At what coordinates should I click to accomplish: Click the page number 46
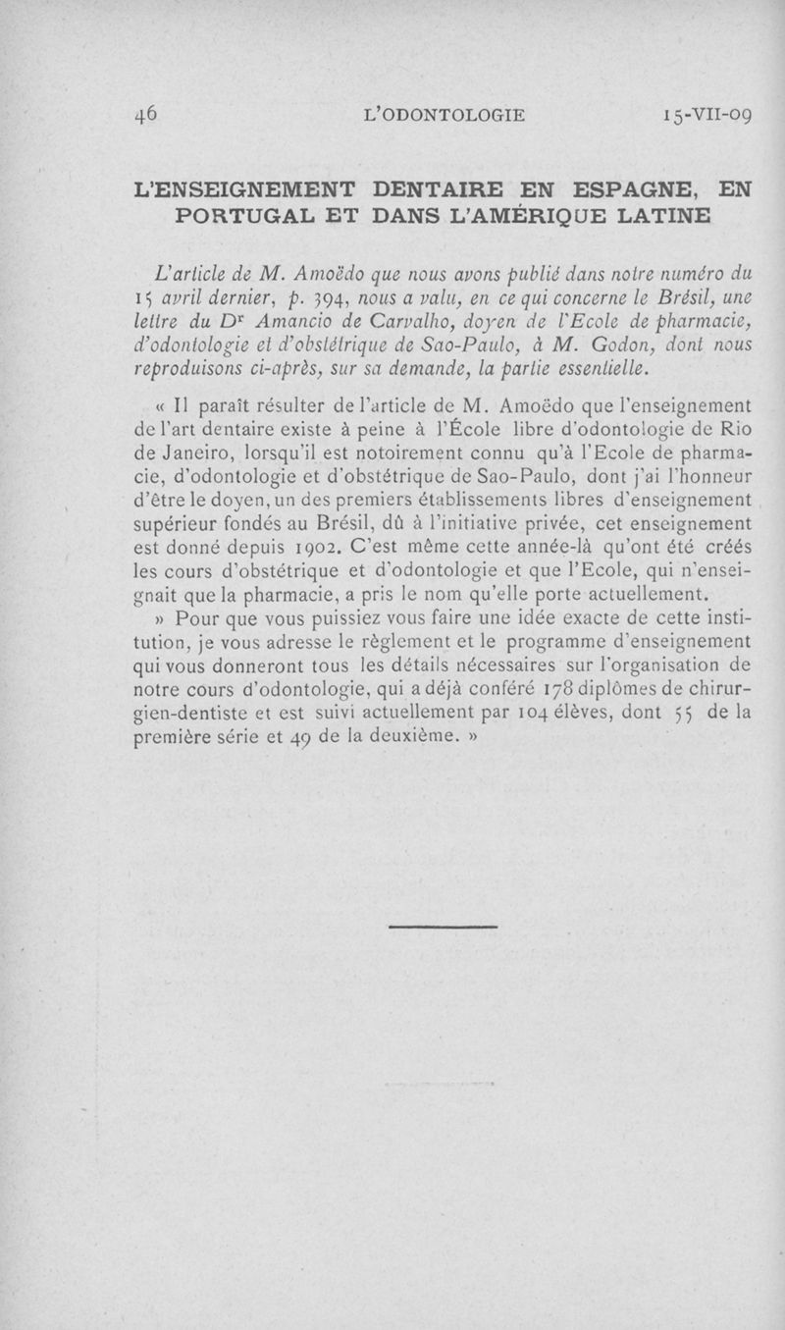click(x=149, y=114)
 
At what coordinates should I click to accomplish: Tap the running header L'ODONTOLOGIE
click(x=445, y=115)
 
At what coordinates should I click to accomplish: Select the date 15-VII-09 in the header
click(x=706, y=115)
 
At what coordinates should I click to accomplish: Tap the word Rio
click(x=735, y=428)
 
